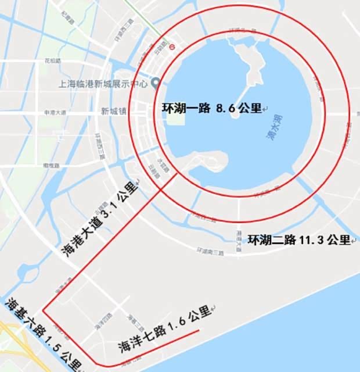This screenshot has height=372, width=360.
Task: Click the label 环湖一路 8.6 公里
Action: [212, 108]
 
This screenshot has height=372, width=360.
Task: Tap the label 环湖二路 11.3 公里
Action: [300, 239]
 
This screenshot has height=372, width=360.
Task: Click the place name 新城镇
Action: [113, 111]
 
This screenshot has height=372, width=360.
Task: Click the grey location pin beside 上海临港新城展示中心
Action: [155, 81]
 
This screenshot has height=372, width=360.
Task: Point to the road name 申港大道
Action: [55, 112]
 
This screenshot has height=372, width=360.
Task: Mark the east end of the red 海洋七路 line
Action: [200, 331]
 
